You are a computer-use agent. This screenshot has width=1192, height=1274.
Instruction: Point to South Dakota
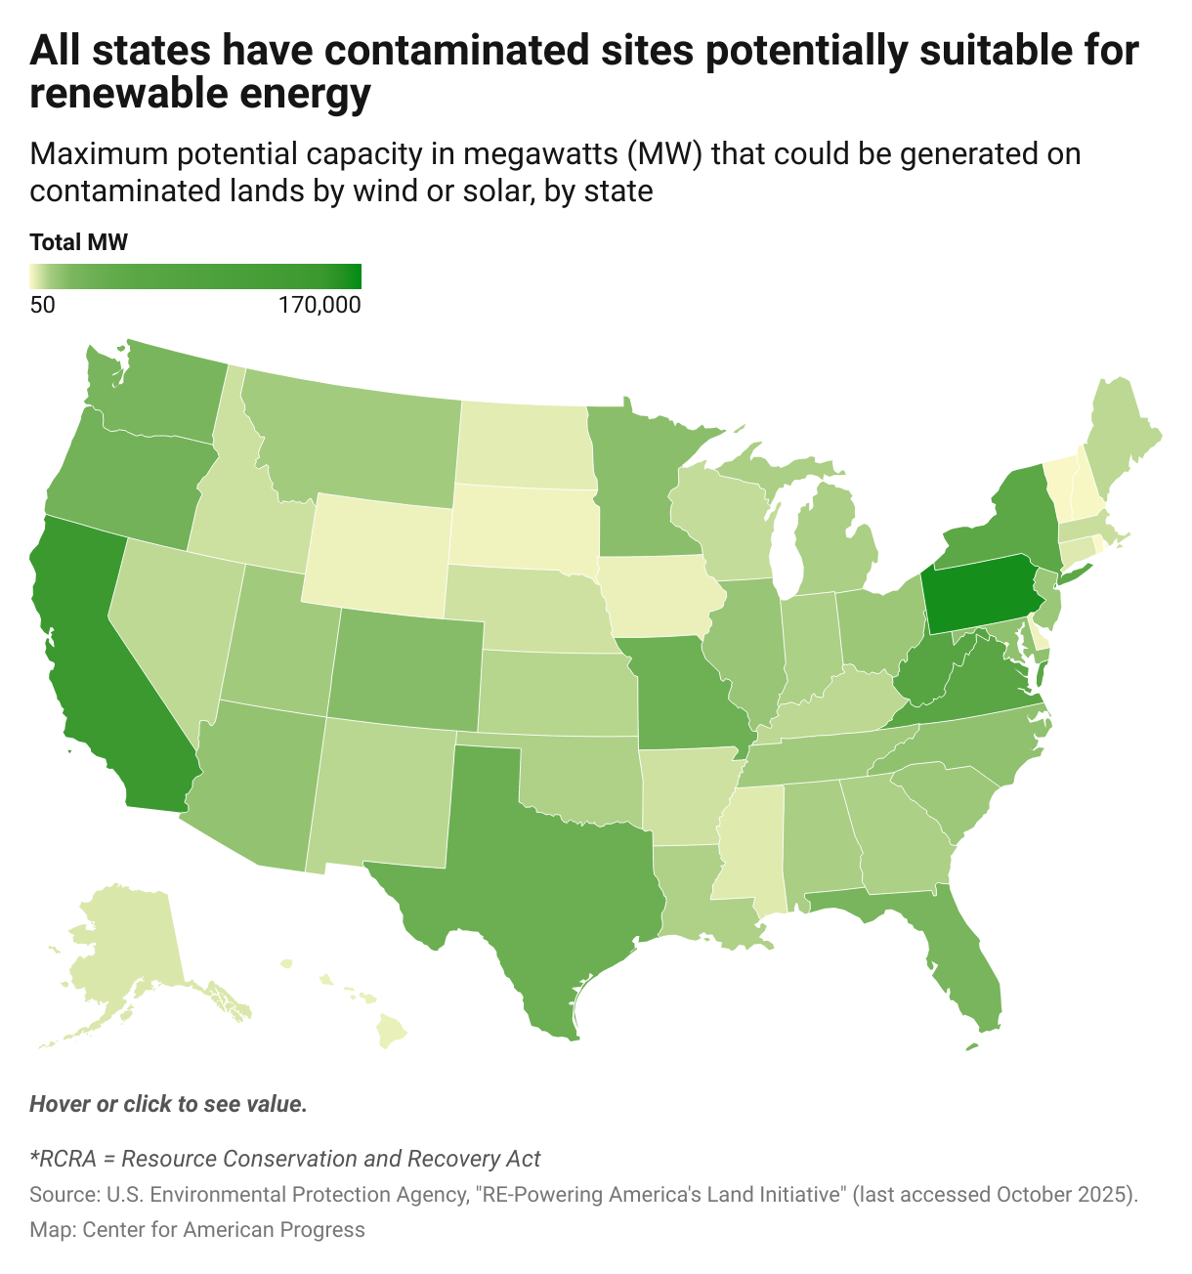[523, 528]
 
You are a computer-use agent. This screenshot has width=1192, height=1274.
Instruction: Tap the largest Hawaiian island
[393, 1032]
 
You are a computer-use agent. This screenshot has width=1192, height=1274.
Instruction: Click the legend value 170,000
[319, 305]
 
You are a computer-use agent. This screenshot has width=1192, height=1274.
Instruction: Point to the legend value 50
[42, 305]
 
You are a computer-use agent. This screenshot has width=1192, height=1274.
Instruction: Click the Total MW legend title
[78, 242]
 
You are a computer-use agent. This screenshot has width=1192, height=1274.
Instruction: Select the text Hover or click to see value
[168, 1104]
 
